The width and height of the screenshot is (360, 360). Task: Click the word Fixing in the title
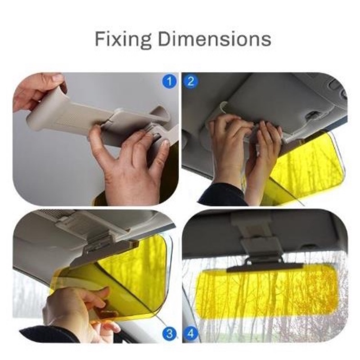(123, 40)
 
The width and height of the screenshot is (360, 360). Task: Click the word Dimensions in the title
(215, 39)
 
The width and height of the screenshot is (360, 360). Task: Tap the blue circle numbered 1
(170, 81)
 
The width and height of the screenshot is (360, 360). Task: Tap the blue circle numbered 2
(190, 81)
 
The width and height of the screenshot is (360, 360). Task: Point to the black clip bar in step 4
(265, 266)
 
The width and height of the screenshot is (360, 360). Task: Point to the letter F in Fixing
(99, 39)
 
